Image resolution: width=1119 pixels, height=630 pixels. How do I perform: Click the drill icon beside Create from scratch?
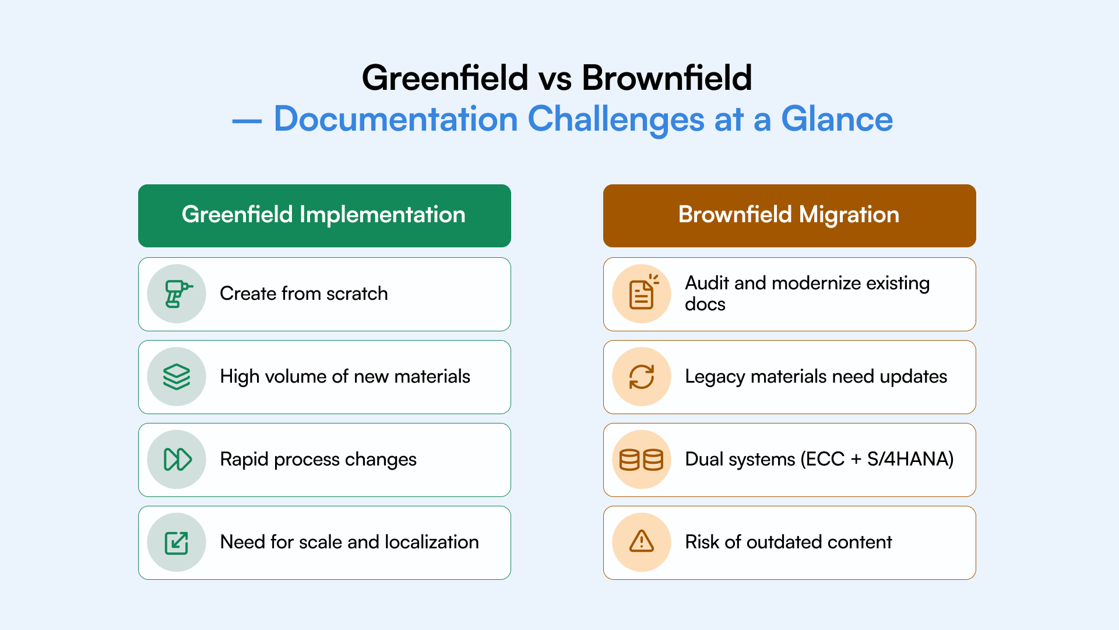(x=177, y=294)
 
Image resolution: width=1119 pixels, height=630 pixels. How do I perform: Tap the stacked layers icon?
(x=177, y=377)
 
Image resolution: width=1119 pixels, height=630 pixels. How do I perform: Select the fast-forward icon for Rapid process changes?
(x=177, y=460)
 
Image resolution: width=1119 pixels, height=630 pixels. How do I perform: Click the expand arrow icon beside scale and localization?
(x=177, y=542)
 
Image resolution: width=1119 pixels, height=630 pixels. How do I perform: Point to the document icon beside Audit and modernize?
(x=642, y=293)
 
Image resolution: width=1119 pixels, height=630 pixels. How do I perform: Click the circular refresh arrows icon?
(x=642, y=377)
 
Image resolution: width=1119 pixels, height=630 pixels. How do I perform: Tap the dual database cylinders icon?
(x=642, y=460)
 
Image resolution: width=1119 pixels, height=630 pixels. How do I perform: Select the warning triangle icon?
(x=642, y=542)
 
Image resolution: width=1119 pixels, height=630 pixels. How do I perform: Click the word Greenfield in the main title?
(x=445, y=78)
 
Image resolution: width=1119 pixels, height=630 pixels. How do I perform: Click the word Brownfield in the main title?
(x=667, y=78)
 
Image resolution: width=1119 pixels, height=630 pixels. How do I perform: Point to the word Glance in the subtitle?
(x=836, y=119)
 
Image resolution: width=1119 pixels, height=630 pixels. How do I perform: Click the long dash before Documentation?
(x=247, y=121)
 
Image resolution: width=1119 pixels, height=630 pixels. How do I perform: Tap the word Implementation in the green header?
(x=382, y=215)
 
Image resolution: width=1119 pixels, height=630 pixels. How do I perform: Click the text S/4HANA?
(x=910, y=460)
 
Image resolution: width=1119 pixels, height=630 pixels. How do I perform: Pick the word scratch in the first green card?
(x=357, y=293)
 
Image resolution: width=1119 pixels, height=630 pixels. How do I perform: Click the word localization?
(x=431, y=542)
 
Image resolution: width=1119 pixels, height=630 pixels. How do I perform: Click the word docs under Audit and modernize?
(x=705, y=304)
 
